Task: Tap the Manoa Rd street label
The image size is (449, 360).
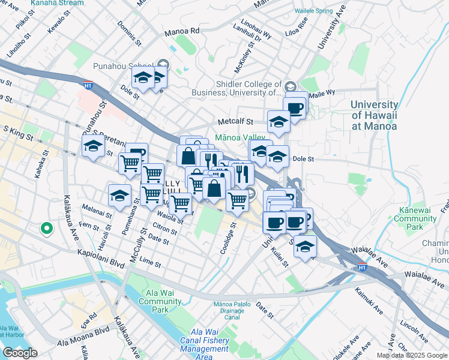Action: click(184, 30)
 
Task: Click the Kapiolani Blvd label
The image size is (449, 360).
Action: click(101, 260)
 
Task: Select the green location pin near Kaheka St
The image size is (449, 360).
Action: click(46, 229)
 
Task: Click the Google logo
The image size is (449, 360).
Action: click(20, 353)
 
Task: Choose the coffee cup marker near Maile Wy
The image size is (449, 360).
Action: click(295, 107)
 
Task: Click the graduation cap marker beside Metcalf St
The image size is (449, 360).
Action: click(279, 122)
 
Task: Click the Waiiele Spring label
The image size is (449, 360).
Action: click(312, 11)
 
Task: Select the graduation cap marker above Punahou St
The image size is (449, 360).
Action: click(94, 146)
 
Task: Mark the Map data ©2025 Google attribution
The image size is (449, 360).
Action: click(411, 355)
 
